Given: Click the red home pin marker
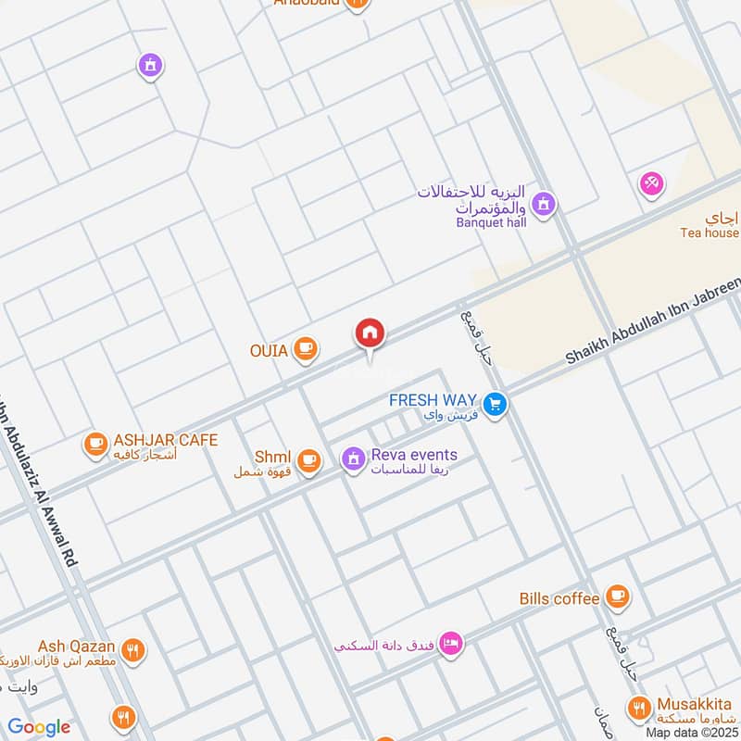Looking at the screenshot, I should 370,333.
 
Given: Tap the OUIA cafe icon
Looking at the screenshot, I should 305,349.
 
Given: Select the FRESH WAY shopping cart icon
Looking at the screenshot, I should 496,405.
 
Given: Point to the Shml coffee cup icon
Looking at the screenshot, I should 308,458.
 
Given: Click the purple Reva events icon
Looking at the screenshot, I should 352,458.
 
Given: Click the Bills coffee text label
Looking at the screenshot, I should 559,599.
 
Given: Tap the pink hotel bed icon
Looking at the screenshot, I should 450,643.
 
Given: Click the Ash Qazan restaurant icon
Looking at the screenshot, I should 134,651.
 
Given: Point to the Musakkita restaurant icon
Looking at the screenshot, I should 638,710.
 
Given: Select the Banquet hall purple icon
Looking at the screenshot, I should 544,203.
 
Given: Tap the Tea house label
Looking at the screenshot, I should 710,233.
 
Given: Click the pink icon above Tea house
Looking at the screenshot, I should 652,183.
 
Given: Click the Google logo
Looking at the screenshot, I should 39,727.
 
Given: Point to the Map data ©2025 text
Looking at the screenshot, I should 689,732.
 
